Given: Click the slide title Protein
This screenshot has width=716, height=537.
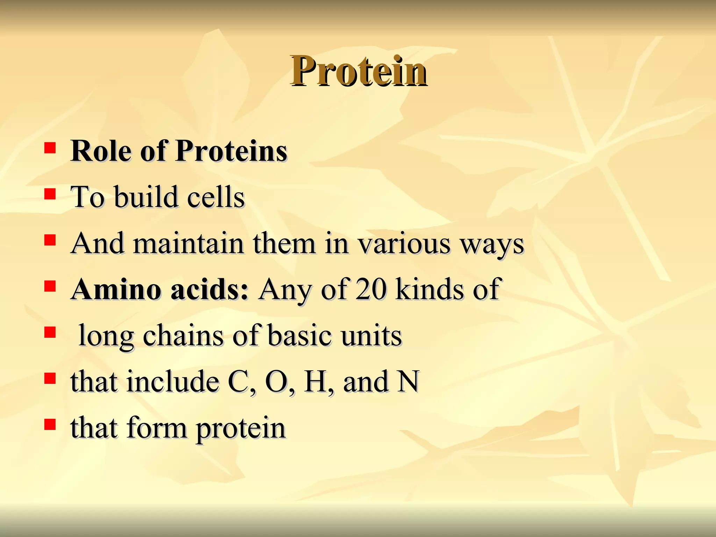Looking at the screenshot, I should tap(358, 72).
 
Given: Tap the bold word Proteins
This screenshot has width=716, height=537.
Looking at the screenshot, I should tap(231, 151).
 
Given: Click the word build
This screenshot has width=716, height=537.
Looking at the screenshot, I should tap(146, 197).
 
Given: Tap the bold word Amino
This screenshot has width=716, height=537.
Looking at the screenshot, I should tap(115, 289).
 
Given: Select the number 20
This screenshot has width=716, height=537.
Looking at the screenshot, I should tap(371, 289).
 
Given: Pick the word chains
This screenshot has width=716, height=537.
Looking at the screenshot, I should tap(183, 336).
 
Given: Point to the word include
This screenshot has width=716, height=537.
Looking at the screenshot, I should tap(173, 382).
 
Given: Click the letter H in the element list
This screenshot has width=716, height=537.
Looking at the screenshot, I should tap(316, 382).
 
